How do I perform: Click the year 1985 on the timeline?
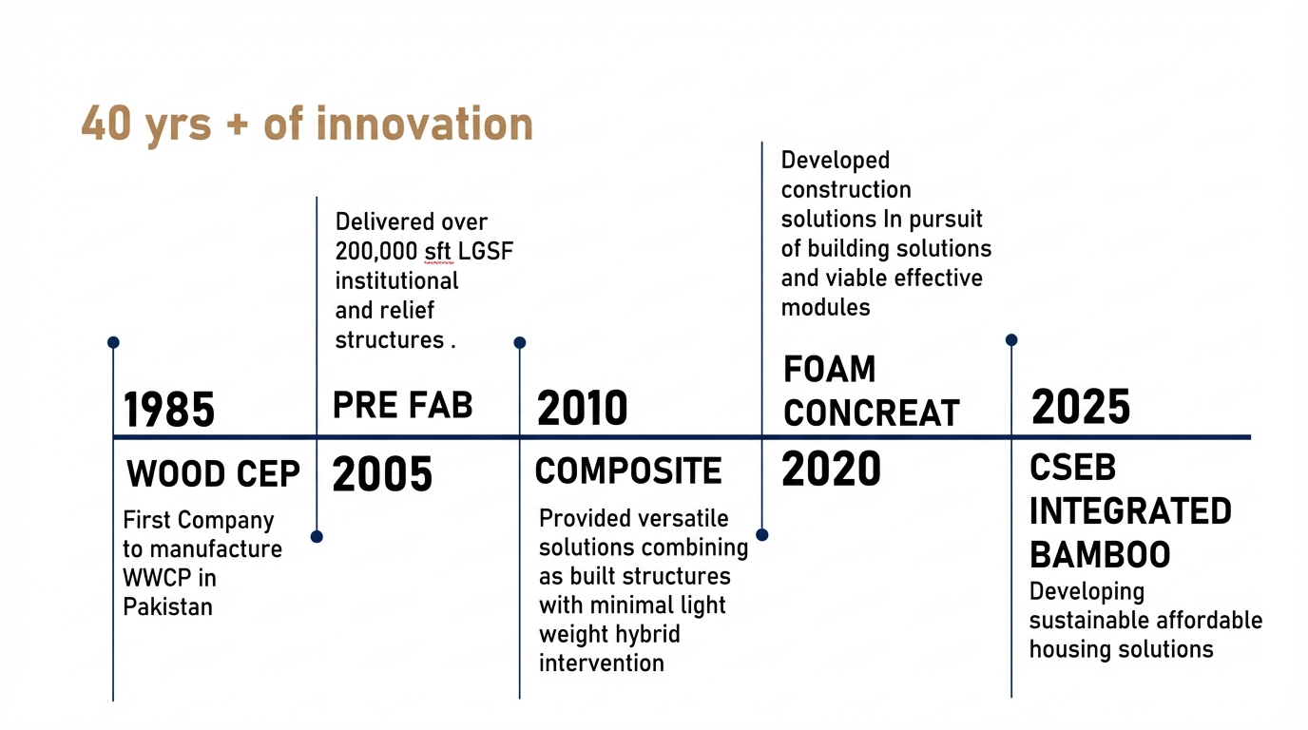169,410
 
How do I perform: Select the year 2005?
382,473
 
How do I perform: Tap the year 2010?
582,408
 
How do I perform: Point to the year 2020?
831,469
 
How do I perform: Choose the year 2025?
1081,407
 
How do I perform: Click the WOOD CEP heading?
213,473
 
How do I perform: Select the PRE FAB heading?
402,405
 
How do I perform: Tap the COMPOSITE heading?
628,471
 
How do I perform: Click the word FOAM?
829,369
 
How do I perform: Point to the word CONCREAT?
872,413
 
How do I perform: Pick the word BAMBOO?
1100,554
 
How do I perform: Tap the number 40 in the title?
106,124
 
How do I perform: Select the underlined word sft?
437,251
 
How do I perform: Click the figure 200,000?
375,252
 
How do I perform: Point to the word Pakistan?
167,606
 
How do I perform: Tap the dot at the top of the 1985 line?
113,342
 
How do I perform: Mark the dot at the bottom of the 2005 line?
317,537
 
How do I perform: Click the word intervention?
602,663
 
